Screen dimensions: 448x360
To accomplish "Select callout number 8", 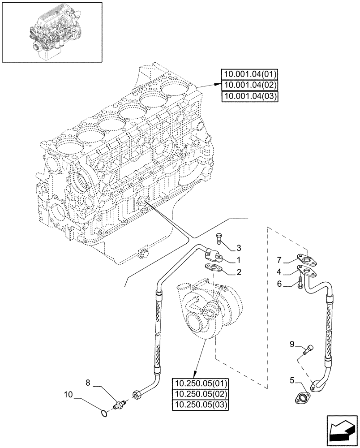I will (x=88, y=383).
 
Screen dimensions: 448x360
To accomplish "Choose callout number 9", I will (x=292, y=344).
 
